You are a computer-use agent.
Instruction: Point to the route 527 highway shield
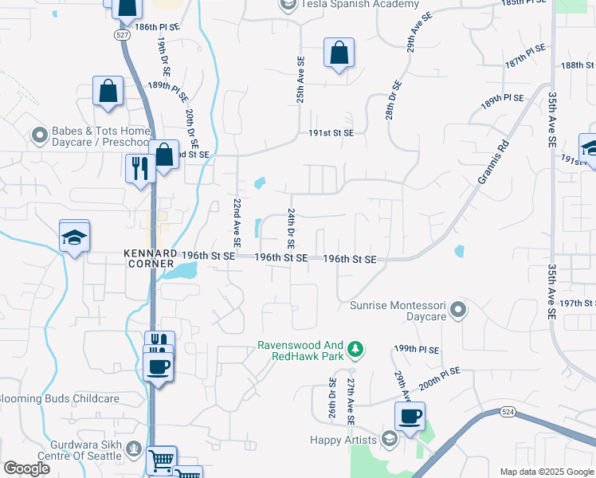tap(121, 36)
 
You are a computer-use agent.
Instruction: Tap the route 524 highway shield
tap(507, 413)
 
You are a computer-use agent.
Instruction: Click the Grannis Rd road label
tap(492, 163)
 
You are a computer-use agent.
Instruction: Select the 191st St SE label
tap(331, 134)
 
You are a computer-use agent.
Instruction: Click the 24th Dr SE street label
tap(292, 229)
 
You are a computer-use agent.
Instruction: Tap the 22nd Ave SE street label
tap(237, 222)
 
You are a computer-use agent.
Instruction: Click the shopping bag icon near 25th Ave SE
tap(339, 53)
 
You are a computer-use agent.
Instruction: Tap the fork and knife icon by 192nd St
tap(138, 168)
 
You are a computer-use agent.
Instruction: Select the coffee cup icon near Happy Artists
tap(410, 417)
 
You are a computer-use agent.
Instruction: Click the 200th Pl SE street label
tap(440, 377)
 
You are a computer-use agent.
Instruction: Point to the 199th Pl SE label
tap(416, 350)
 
